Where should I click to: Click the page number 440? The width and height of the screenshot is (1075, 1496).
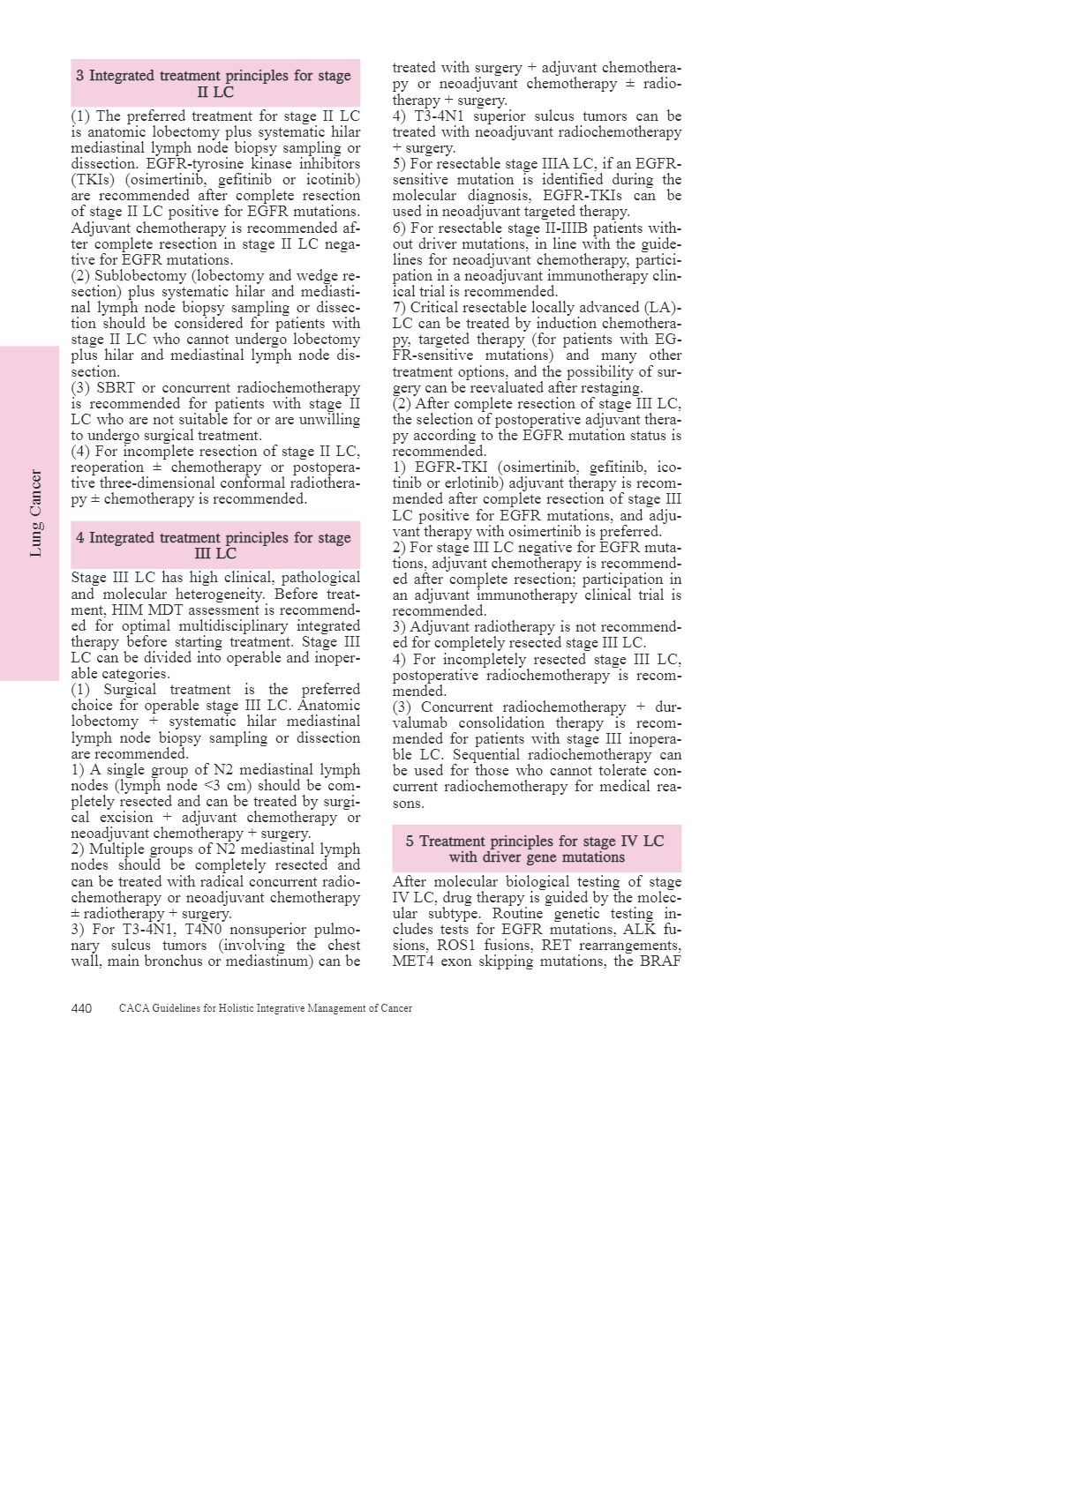tap(81, 1008)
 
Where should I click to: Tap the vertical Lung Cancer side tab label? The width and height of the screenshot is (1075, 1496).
tap(35, 512)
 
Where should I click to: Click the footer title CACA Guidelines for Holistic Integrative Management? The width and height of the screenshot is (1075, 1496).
tap(266, 1008)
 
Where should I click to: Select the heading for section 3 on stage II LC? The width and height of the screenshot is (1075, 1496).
tap(214, 83)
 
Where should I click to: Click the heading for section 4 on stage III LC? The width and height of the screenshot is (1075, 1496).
tap(214, 545)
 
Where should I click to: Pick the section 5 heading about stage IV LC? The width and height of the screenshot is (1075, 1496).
tap(536, 849)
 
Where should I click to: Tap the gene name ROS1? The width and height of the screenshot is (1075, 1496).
tap(455, 946)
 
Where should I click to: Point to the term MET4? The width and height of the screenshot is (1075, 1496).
tap(412, 961)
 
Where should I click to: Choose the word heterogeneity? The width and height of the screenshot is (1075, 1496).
tap(218, 594)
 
